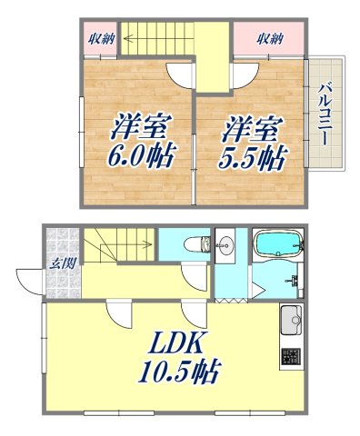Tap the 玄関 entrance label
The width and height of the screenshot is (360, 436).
[x=60, y=264]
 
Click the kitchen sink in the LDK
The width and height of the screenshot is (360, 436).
[x=291, y=321]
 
